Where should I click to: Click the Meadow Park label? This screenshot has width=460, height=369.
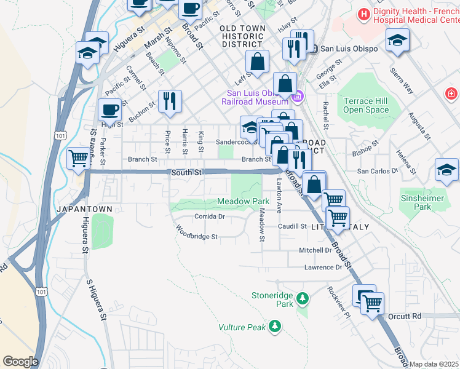tap(244, 202)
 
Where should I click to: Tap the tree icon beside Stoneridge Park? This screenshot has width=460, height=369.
tap(302, 299)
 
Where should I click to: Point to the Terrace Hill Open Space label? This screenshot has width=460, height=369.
tap(367, 105)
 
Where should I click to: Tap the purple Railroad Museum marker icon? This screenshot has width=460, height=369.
tap(298, 95)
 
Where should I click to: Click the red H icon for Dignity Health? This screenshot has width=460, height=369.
tap(365, 14)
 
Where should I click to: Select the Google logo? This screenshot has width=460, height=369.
tap(20, 362)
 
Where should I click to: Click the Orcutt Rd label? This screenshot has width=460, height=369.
tap(404, 316)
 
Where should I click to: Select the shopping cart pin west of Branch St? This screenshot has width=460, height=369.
tap(79, 158)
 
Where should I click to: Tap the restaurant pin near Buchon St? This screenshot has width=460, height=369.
tap(170, 101)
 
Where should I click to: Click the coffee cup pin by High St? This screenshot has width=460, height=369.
tap(109, 111)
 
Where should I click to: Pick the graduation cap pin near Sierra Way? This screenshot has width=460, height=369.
tap(397, 41)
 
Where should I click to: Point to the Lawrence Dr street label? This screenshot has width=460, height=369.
tap(323, 268)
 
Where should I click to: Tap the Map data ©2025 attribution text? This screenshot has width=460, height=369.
tap(434, 364)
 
